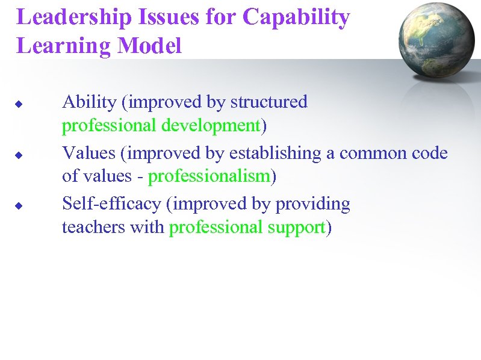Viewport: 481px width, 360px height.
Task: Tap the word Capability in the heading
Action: point(296,18)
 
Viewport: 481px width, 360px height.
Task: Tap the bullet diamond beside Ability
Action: point(19,104)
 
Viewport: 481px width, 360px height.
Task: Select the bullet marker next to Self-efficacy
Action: point(19,206)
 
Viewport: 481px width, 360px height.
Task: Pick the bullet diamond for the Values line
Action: point(19,155)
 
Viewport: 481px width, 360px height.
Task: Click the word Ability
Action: point(89,102)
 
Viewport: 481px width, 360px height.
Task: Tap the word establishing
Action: point(278,154)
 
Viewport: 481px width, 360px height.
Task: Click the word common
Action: point(365,154)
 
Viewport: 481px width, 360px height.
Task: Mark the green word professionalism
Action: point(209,177)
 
